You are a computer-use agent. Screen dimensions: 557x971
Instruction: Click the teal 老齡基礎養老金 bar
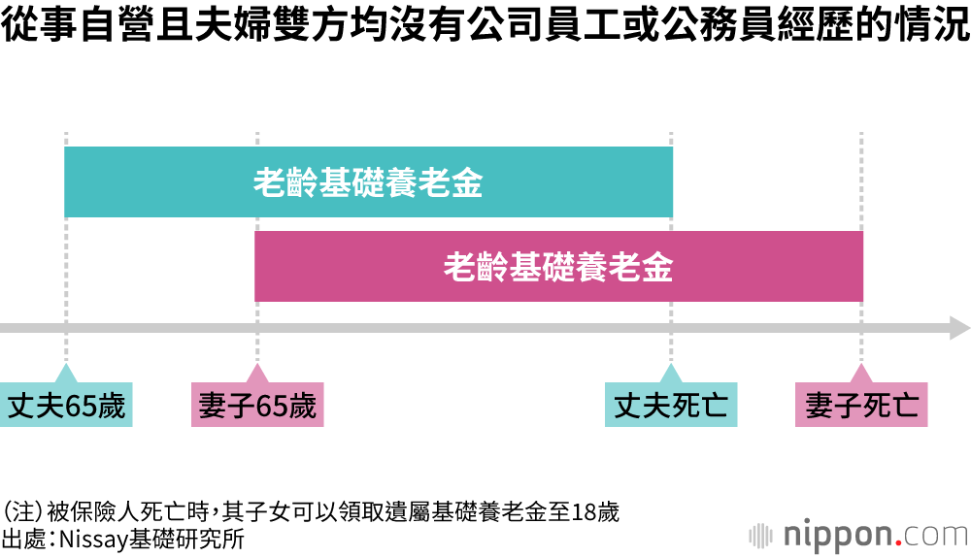tap(368, 182)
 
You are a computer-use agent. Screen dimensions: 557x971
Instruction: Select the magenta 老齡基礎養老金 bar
tap(558, 267)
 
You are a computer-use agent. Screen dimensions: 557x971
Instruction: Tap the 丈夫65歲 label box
tap(66, 406)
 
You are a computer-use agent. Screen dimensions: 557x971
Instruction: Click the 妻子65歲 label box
tap(257, 406)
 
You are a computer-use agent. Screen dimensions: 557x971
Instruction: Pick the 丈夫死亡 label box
tap(671, 406)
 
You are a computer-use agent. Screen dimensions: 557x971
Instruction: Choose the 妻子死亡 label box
tap(861, 406)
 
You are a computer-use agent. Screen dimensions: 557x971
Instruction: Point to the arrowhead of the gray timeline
tap(959, 328)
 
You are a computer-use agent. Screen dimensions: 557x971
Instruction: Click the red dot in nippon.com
tap(900, 541)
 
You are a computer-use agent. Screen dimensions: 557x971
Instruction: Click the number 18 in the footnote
tap(586, 512)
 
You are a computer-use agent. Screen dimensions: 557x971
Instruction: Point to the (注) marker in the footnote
tap(20, 512)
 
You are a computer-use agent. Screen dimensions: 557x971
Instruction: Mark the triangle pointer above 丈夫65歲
tap(66, 374)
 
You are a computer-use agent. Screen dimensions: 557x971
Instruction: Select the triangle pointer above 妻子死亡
tap(861, 374)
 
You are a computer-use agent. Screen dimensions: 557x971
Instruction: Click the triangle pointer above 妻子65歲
tap(257, 374)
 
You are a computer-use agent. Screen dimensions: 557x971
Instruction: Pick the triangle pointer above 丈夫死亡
tap(671, 374)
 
